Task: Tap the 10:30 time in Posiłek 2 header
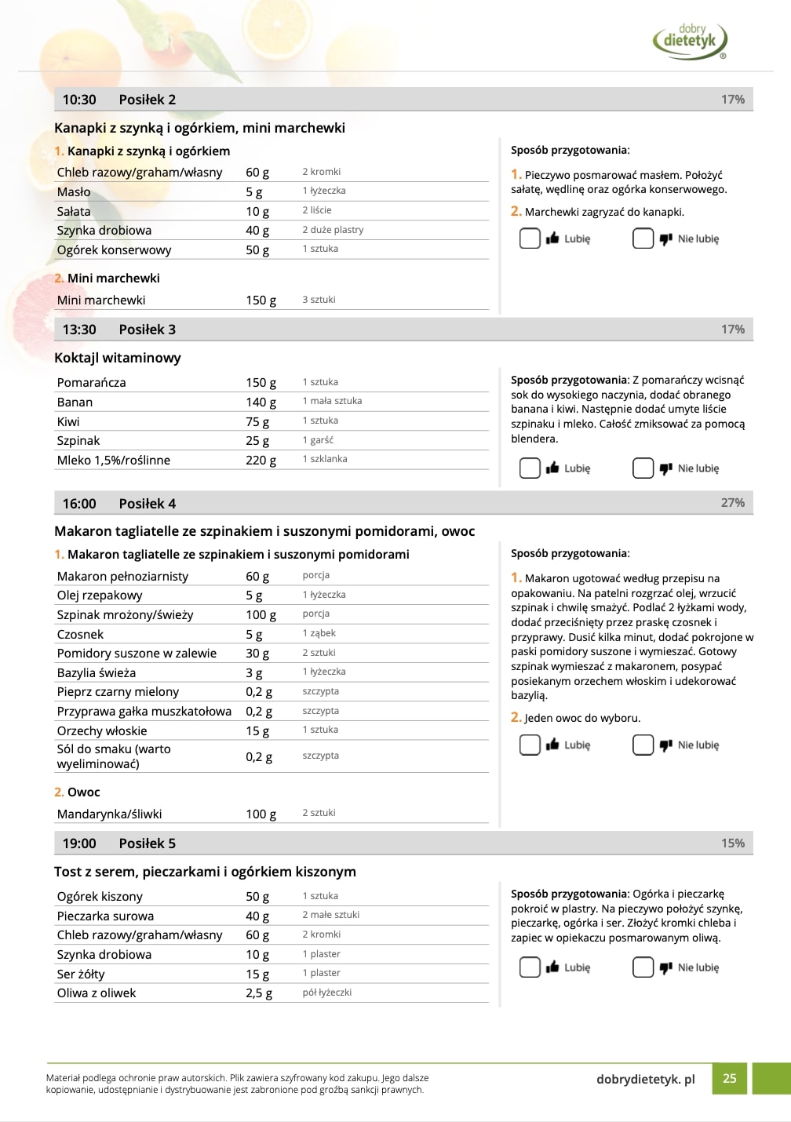coord(79,100)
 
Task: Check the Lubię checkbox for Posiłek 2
coord(530,239)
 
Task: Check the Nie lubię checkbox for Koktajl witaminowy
coord(643,468)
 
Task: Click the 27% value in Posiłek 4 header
coord(732,503)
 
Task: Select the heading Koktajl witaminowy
coord(118,358)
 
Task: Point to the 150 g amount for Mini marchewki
coord(261,300)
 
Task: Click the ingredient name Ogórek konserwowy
coord(114,250)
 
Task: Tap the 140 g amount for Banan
coord(261,402)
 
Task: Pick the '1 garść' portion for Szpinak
coord(318,440)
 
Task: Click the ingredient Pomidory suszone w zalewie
coord(137,653)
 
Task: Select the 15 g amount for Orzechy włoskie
coord(257,730)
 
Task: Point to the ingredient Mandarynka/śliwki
coord(109,814)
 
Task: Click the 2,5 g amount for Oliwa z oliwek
coord(259,993)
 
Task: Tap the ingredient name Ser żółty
coord(81,974)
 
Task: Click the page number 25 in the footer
coord(729,1078)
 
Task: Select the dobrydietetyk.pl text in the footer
coord(645,1079)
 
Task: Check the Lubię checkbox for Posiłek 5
coord(530,967)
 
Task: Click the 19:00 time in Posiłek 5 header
coord(79,843)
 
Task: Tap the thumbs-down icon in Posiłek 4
coord(666,745)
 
